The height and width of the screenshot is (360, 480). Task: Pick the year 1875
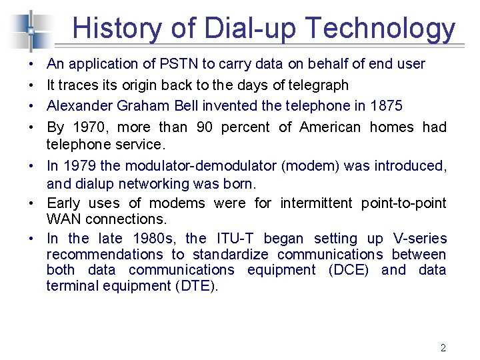tap(385, 106)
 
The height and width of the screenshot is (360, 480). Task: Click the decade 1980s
tap(155, 239)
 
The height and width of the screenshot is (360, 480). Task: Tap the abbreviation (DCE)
tap(348, 270)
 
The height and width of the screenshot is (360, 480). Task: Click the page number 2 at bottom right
tap(443, 347)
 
